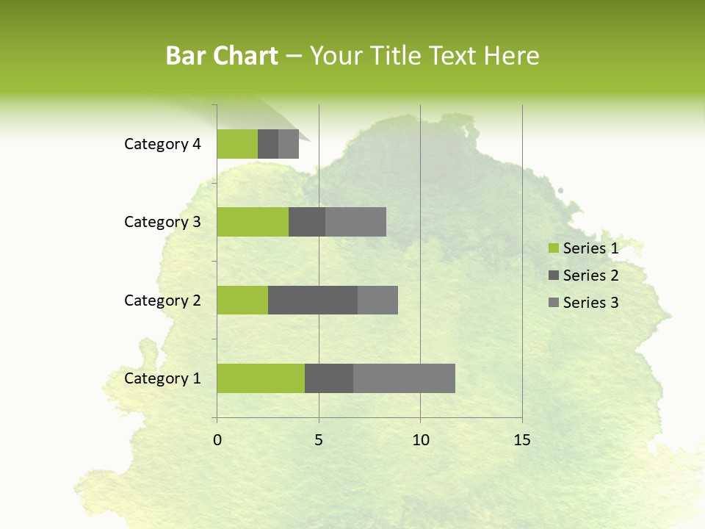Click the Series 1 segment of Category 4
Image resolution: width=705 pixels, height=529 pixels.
pyautogui.click(x=237, y=144)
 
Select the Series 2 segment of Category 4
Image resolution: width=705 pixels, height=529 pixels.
pyautogui.click(x=268, y=144)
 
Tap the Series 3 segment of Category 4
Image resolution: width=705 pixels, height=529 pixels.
pyautogui.click(x=289, y=144)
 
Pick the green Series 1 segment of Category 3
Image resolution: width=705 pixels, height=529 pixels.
pyautogui.click(x=253, y=222)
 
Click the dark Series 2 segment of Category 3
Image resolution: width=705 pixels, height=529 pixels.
pyautogui.click(x=307, y=222)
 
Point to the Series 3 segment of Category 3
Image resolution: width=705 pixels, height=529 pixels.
pyautogui.click(x=355, y=222)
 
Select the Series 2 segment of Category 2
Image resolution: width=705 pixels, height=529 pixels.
pyautogui.click(x=313, y=300)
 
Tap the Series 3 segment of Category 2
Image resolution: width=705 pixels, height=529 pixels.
pyautogui.click(x=377, y=300)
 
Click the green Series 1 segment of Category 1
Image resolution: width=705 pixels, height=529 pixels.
pyautogui.click(x=261, y=378)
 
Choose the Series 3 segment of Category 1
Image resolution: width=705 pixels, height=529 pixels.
pyautogui.click(x=404, y=378)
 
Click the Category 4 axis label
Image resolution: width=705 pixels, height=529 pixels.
pyautogui.click(x=162, y=144)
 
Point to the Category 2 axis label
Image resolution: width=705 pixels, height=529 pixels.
pyautogui.click(x=162, y=300)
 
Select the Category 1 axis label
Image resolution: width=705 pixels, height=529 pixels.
pyautogui.click(x=162, y=378)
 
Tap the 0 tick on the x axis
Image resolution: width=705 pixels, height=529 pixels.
pyautogui.click(x=217, y=440)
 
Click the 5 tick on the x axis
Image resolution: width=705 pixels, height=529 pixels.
pyautogui.click(x=319, y=440)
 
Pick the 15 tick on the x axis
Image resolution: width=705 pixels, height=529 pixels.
pyautogui.click(x=522, y=440)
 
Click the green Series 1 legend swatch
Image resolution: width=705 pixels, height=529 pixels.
pyautogui.click(x=553, y=248)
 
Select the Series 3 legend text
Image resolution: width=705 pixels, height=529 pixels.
pyautogui.click(x=590, y=303)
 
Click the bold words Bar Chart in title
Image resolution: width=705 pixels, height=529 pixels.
pyautogui.click(x=222, y=56)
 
